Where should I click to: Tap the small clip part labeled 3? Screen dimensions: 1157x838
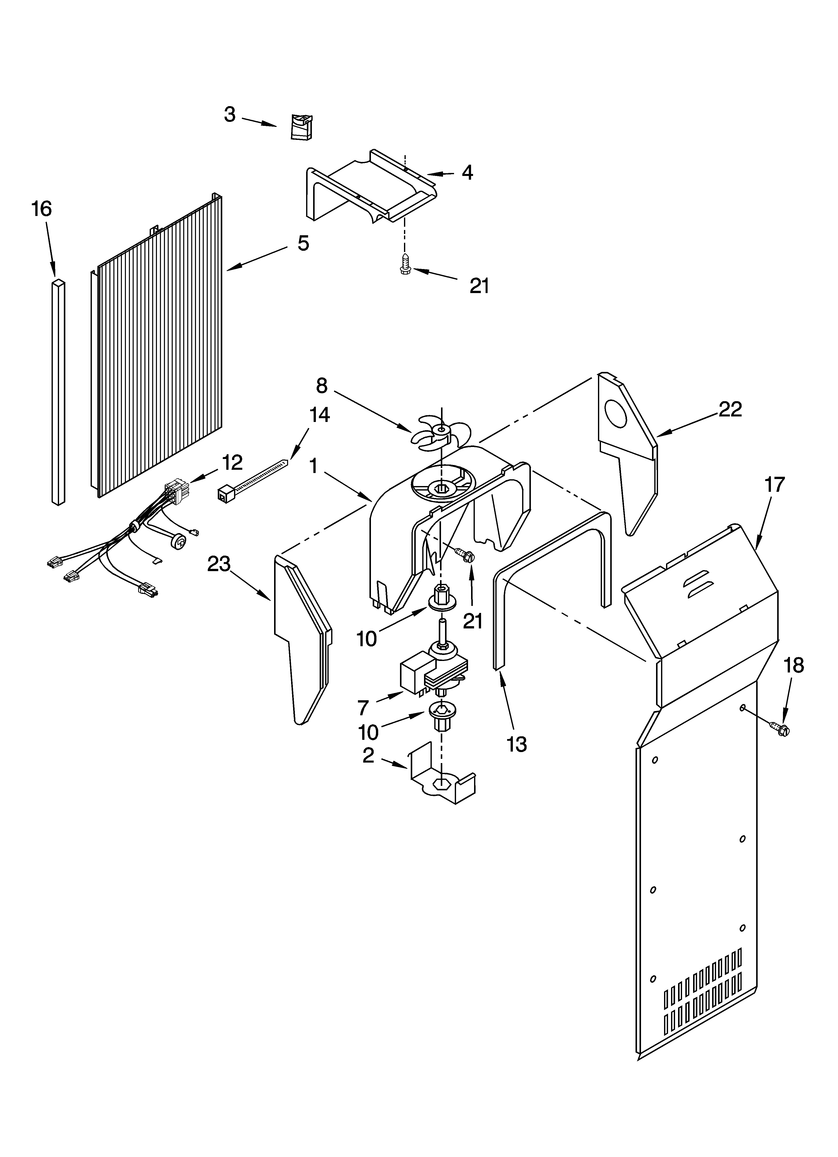point(302,127)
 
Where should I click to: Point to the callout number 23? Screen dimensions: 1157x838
point(219,564)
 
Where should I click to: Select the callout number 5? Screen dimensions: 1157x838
point(303,243)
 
